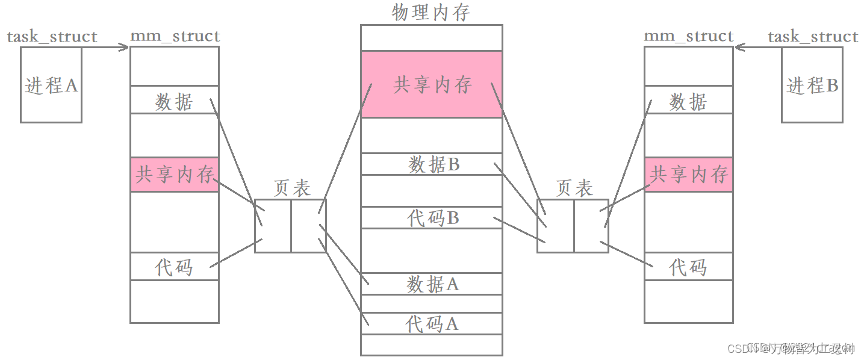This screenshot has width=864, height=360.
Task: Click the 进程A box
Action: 51,85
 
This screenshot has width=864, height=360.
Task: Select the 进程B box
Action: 812,85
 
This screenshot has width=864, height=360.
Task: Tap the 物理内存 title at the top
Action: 431,13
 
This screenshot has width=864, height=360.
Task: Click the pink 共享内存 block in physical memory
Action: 431,84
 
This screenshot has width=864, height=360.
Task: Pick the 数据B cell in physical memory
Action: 431,164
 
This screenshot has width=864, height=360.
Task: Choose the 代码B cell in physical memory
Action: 431,218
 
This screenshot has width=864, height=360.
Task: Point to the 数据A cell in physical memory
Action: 431,284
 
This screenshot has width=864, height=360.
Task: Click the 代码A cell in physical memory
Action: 431,324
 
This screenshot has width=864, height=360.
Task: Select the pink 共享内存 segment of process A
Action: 175,175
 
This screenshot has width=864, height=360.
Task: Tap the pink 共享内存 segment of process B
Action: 689,175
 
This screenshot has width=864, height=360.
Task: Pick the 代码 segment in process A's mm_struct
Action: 175,267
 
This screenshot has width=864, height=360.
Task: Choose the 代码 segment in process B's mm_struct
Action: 689,267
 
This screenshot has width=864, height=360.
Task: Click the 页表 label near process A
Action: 292,188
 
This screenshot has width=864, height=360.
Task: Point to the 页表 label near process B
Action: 574,188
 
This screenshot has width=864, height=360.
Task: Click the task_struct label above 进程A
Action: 52,37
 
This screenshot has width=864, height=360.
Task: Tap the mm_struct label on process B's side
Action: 689,37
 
